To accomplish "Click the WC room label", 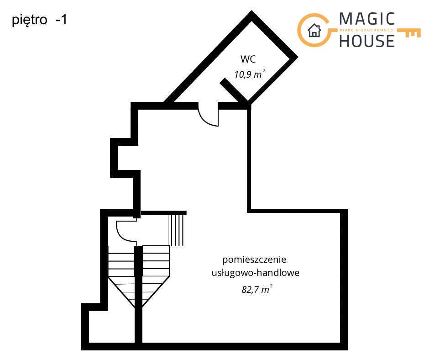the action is [x=248, y=59].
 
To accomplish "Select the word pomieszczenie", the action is [x=254, y=260].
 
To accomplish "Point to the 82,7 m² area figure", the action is [x=256, y=289].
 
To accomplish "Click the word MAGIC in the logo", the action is [x=367, y=19].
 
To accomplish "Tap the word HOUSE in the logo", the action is [x=367, y=41].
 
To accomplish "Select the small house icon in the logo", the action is [x=314, y=31].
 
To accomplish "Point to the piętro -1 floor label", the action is [x=39, y=20].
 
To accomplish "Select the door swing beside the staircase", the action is [x=125, y=231].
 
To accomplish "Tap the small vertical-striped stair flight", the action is [x=178, y=230].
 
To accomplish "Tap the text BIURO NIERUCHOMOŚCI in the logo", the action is [x=367, y=30].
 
